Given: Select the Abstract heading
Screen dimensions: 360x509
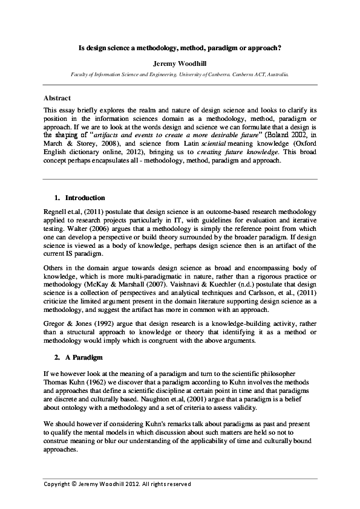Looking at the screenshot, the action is click(57, 98).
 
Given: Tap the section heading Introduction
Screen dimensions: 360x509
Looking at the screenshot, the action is click(85, 198).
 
